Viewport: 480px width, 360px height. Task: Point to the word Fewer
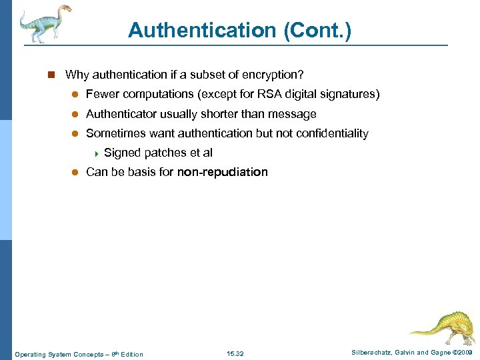point(101,95)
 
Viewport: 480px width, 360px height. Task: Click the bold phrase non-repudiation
point(222,172)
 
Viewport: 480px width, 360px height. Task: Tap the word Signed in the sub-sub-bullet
point(122,153)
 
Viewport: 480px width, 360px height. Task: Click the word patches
point(163,153)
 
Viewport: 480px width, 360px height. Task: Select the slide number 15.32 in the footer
point(235,354)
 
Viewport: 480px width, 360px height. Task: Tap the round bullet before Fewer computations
point(75,95)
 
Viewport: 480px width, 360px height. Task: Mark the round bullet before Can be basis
point(75,172)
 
